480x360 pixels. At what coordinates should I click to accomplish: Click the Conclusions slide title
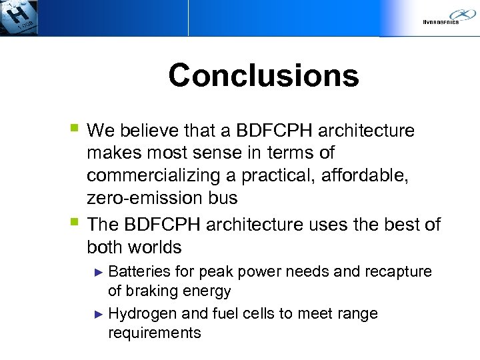(263, 75)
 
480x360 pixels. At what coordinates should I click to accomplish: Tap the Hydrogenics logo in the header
(447, 17)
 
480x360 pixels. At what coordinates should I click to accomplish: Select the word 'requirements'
(154, 333)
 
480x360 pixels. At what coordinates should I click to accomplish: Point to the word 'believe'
(149, 130)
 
